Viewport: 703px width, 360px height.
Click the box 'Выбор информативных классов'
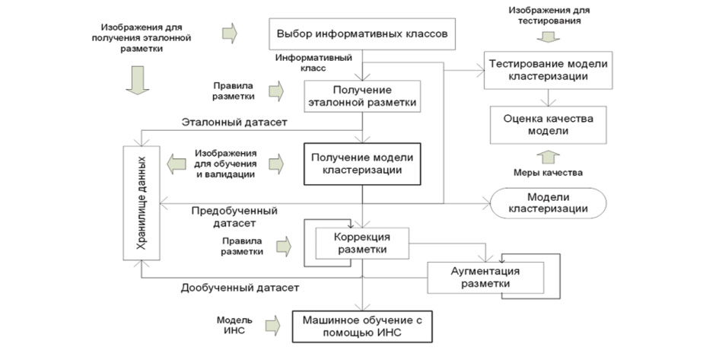tap(364, 34)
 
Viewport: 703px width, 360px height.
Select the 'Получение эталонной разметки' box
tap(362, 96)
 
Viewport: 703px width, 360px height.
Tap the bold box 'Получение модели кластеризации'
tap(362, 164)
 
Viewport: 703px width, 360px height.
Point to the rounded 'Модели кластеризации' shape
tap(547, 203)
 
